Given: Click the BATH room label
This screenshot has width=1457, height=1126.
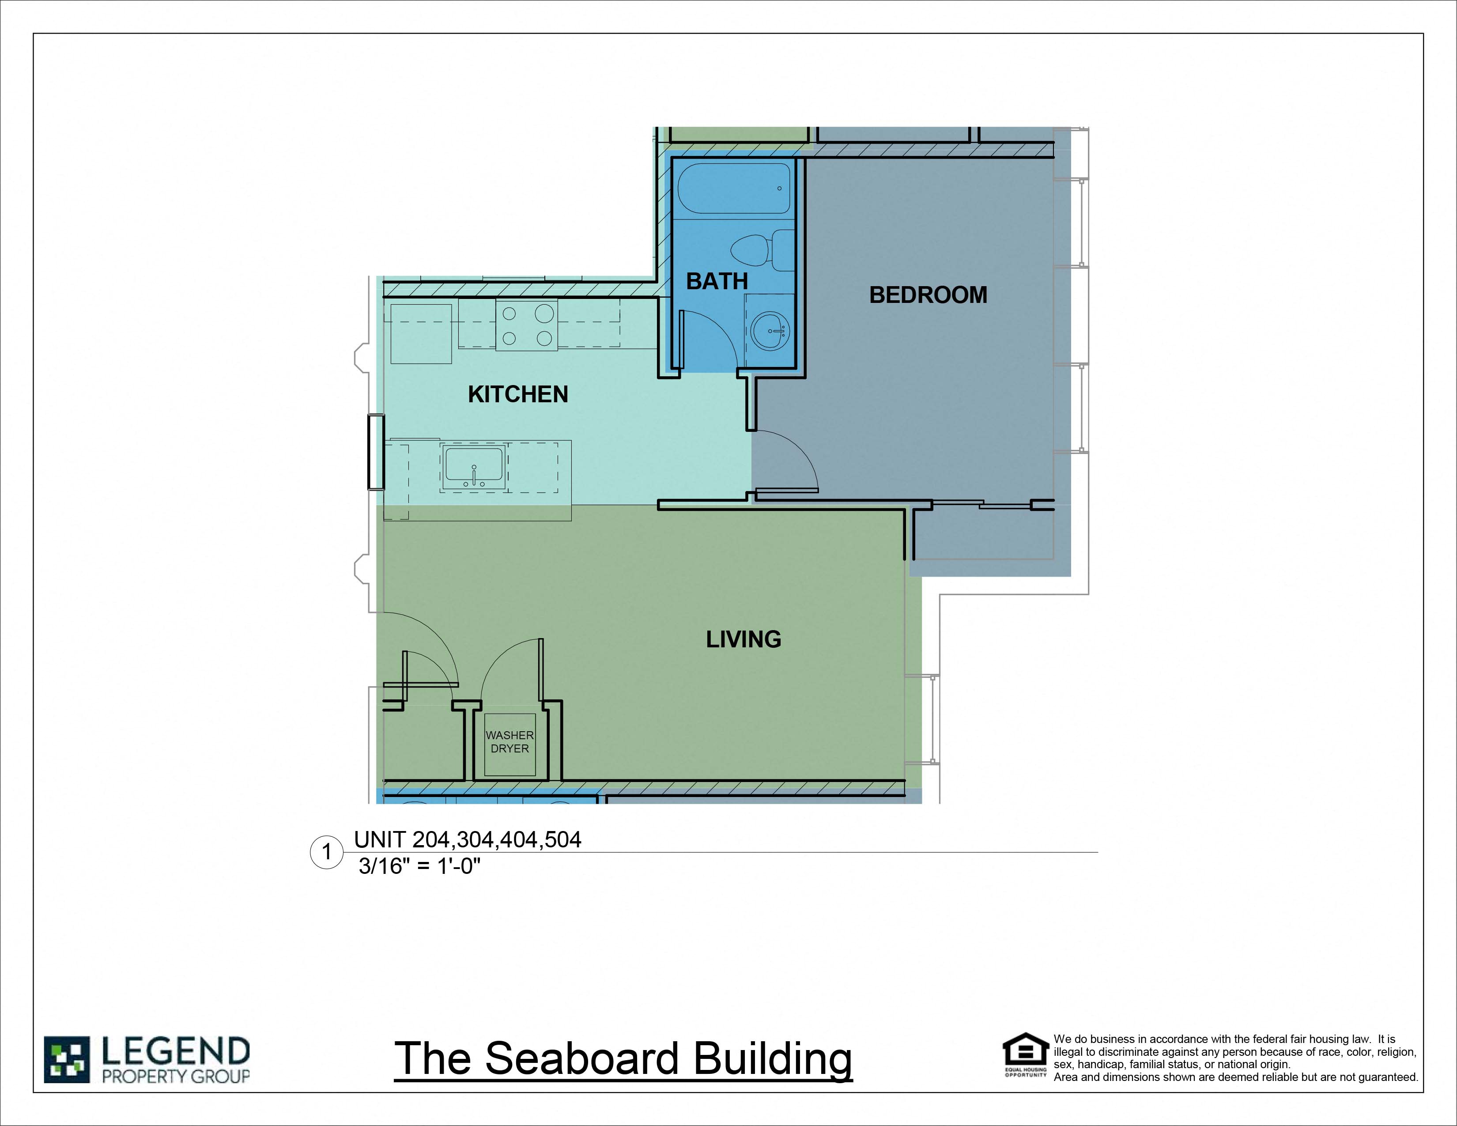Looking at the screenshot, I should (717, 282).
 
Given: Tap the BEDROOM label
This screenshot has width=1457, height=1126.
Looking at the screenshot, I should (928, 295).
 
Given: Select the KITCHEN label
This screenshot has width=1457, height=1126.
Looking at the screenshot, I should (518, 394).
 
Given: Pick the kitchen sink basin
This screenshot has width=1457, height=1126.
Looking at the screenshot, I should (474, 465).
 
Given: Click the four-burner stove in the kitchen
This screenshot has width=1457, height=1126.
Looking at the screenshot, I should (526, 325).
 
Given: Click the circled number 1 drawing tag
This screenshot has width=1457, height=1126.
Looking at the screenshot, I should (327, 852).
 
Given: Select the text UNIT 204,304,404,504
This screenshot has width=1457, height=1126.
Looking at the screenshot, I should (467, 839).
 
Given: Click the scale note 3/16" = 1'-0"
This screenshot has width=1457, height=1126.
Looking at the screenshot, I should (419, 866).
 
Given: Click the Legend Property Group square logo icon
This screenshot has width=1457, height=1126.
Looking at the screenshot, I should (67, 1059).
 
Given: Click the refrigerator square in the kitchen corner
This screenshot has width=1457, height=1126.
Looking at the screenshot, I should (421, 333).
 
